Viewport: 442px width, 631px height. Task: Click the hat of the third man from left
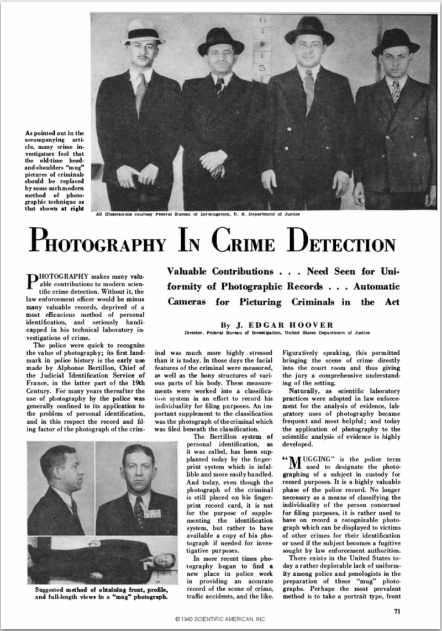pos(309,30)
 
